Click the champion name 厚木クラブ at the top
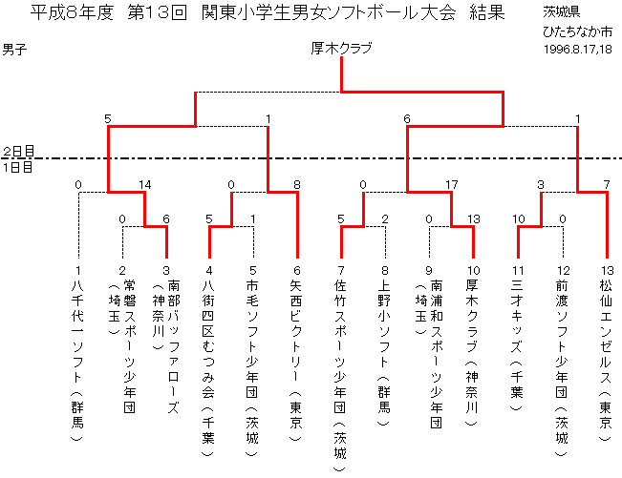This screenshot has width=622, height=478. (x=341, y=49)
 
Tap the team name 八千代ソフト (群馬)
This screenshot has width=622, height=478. (x=77, y=360)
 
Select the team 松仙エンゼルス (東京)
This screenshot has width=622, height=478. (x=606, y=360)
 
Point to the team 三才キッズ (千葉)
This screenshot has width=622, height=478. (x=517, y=345)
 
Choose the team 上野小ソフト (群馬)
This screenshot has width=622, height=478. (x=384, y=352)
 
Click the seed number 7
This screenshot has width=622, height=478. (x=341, y=270)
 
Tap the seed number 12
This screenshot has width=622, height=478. (x=564, y=270)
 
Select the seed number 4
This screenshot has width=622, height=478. (x=209, y=270)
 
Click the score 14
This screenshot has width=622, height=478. (x=145, y=184)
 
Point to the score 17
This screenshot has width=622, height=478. (x=451, y=184)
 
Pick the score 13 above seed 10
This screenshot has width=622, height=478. (x=474, y=219)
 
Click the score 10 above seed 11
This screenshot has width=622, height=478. (x=519, y=219)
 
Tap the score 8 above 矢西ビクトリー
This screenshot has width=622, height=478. (x=297, y=184)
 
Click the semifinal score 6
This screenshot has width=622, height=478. (x=407, y=119)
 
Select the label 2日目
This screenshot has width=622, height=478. (x=19, y=151)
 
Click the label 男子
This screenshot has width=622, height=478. (x=14, y=50)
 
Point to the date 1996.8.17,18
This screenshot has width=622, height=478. (x=577, y=49)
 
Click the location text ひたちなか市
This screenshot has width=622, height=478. (x=577, y=31)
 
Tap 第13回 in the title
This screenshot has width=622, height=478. (x=157, y=12)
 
